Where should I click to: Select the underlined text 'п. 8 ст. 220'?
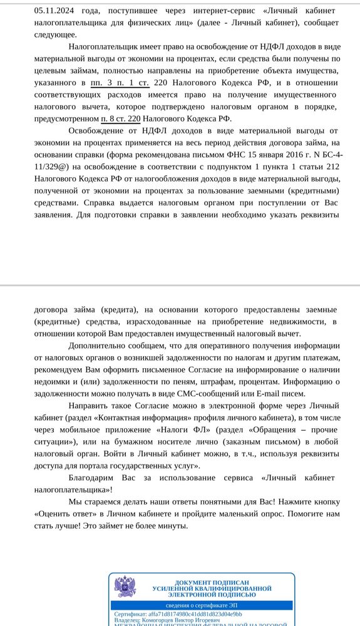tap(121, 119)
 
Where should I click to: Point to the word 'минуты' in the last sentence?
tap(173, 525)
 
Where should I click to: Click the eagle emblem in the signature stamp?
tap(125, 587)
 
